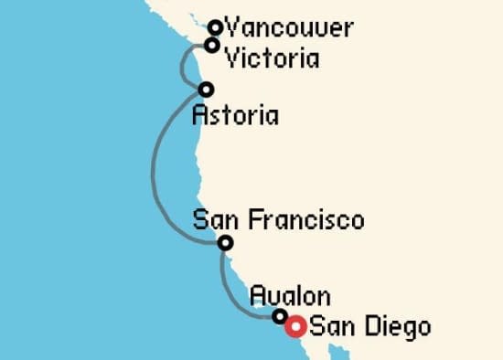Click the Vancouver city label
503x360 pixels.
click(x=288, y=28)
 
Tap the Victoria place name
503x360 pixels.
click(x=273, y=58)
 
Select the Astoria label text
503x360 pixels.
click(x=236, y=116)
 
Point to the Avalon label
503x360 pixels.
click(x=290, y=296)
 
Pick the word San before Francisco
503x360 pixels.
click(x=211, y=220)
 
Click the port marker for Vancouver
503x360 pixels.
click(x=216, y=27)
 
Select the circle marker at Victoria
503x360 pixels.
click(x=212, y=45)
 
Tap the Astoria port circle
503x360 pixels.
click(x=206, y=90)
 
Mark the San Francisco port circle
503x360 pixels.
click(x=225, y=242)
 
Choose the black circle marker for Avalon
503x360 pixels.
click(x=280, y=316)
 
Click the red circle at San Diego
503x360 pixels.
click(x=295, y=326)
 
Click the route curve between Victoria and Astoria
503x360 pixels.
click(x=185, y=66)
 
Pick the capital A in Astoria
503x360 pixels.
click(x=201, y=116)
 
